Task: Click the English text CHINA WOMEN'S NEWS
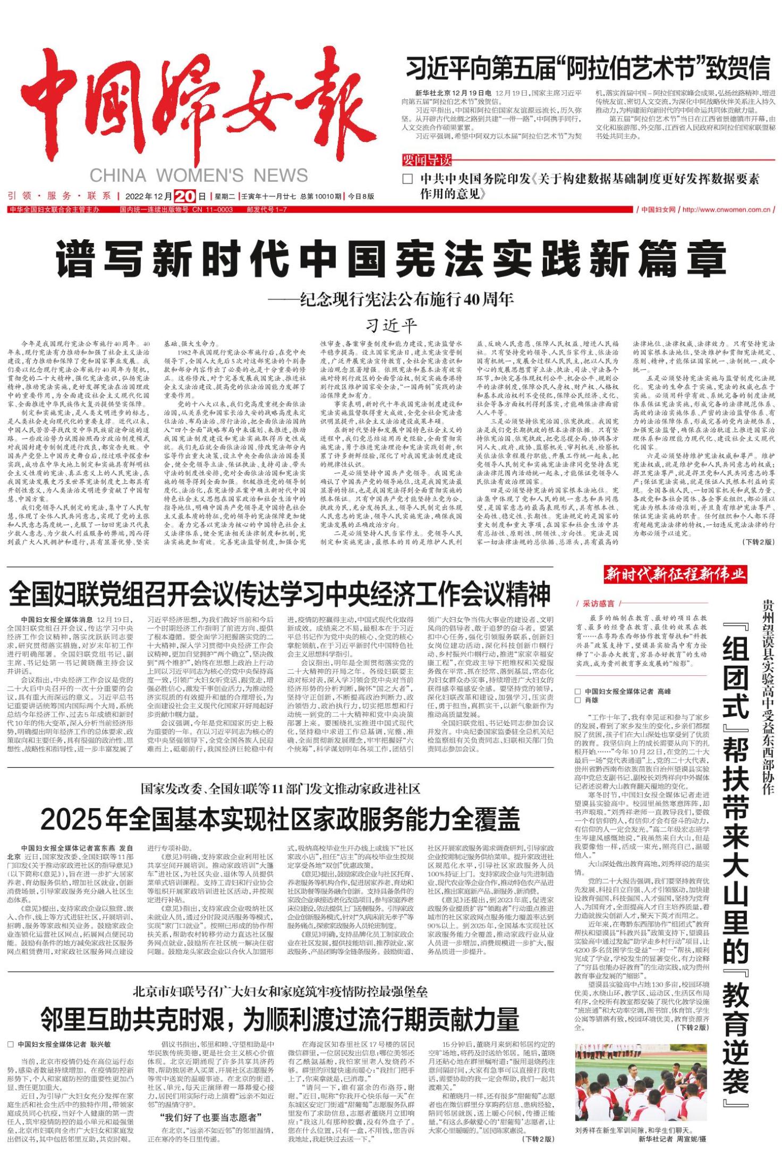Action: coord(199,175)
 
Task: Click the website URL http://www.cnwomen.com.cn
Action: coord(726,209)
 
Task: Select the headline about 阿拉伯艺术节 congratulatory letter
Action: coord(588,68)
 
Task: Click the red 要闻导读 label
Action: coord(426,160)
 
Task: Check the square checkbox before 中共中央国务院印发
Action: coord(407,179)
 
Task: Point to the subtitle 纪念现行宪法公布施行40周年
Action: coord(390,299)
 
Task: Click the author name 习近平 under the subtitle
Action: coord(390,324)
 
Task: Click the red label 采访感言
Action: coord(598,603)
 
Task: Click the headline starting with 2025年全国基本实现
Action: coord(280,820)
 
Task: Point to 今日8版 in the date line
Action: coord(361,196)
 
